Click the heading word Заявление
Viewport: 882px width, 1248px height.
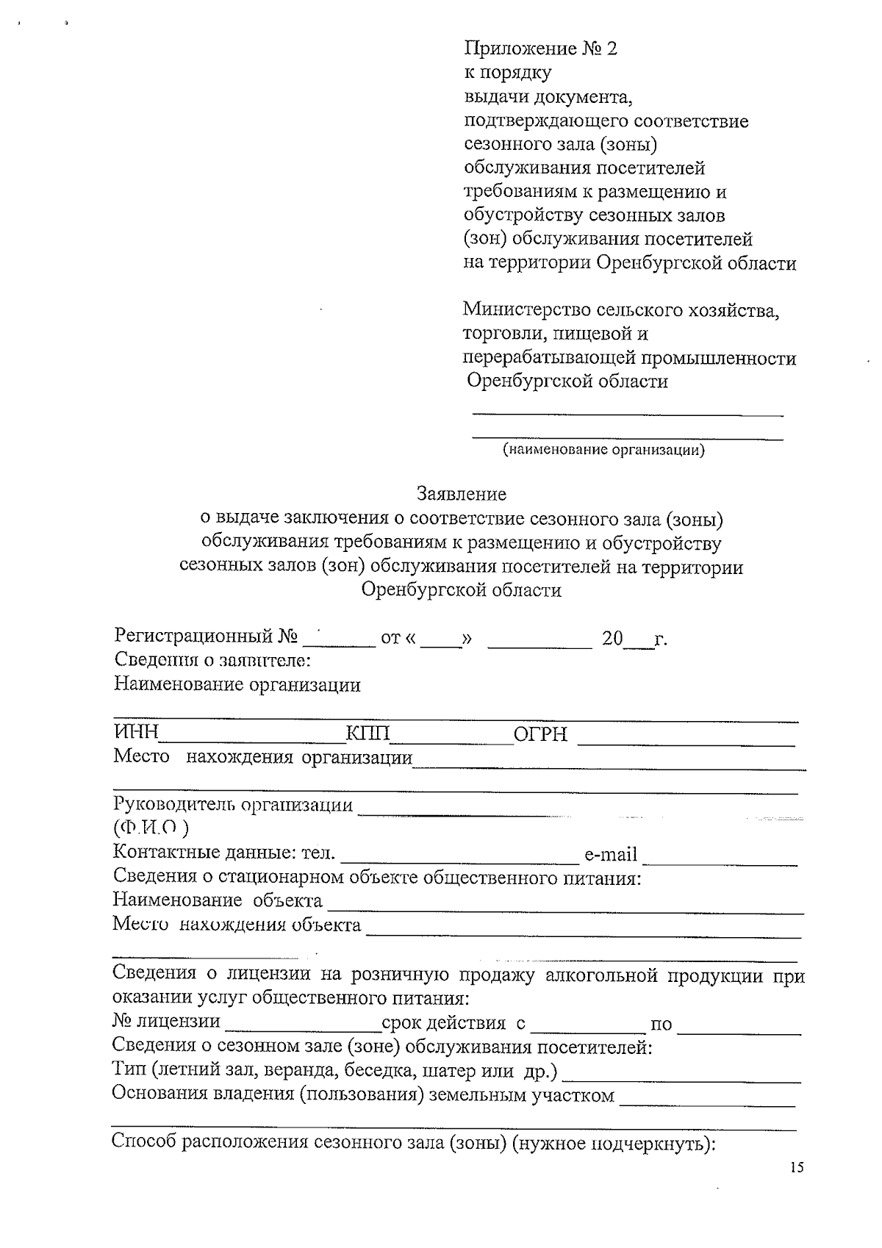coord(462,493)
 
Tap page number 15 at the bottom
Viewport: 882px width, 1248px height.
coord(797,1168)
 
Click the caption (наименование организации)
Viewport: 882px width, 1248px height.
coord(603,449)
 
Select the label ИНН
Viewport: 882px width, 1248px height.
coord(137,733)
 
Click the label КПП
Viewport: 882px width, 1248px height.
coord(368,733)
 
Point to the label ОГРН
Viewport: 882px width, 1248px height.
coord(541,734)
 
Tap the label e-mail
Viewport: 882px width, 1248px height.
coord(610,855)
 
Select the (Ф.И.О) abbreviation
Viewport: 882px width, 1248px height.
coord(151,828)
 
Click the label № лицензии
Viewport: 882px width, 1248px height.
coord(166,1021)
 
